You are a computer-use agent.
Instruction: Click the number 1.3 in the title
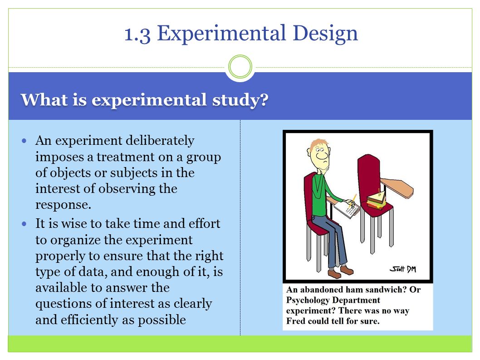point(137,34)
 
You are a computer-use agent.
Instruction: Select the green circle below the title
point(240,66)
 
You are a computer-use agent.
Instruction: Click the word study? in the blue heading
point(240,100)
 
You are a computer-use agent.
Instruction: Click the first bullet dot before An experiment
point(24,141)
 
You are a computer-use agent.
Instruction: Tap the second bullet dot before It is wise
point(24,224)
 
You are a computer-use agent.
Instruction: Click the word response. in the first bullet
point(63,205)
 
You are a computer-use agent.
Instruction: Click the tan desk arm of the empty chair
point(397,187)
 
